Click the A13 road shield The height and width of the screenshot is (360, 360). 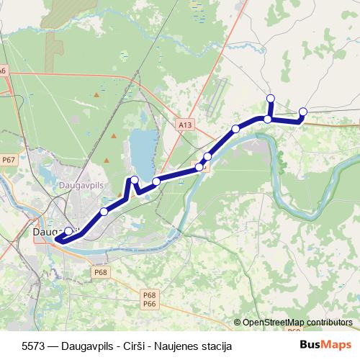coord(186,125)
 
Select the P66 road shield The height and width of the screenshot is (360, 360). coord(150,304)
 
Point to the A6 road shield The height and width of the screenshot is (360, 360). coord(3,71)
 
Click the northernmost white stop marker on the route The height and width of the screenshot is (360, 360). coord(271,98)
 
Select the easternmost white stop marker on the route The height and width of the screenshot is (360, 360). coord(303,111)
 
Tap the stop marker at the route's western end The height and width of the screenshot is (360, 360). coord(68,231)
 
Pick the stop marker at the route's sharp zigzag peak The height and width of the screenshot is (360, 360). coord(134,179)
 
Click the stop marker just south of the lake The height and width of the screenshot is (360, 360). coord(156,181)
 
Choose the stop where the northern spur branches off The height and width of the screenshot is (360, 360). coord(268,119)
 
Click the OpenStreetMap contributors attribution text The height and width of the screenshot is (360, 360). coord(297,322)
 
